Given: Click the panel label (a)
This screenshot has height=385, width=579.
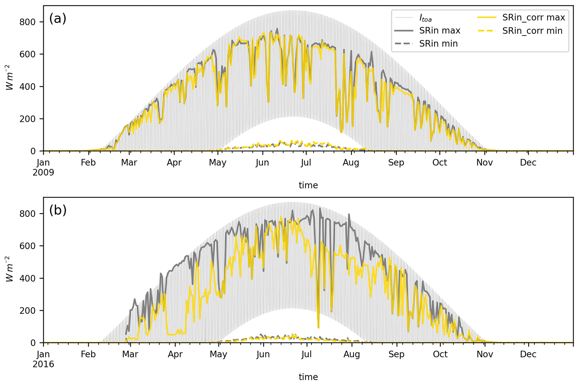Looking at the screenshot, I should pyautogui.click(x=58, y=19).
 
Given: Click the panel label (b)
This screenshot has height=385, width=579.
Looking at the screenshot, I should pyautogui.click(x=58, y=210).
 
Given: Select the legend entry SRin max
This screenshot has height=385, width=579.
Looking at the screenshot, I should pyautogui.click(x=440, y=31).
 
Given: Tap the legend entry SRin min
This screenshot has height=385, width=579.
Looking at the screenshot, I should pyautogui.click(x=438, y=43).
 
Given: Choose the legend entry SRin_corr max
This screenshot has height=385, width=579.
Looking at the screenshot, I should pyautogui.click(x=533, y=17).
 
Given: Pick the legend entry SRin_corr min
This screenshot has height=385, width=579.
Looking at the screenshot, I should pyautogui.click(x=532, y=31).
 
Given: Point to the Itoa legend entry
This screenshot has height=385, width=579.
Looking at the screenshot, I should pyautogui.click(x=425, y=18).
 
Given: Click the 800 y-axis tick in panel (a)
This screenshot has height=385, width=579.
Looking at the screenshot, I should pyautogui.click(x=27, y=22).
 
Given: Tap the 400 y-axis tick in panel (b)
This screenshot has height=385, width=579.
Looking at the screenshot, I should pyautogui.click(x=27, y=278).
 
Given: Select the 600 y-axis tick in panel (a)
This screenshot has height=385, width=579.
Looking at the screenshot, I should pyautogui.click(x=27, y=54).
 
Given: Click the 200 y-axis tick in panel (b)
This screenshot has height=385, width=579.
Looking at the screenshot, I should pyautogui.click(x=27, y=311).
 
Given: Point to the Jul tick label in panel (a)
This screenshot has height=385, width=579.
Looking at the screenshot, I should pyautogui.click(x=306, y=163).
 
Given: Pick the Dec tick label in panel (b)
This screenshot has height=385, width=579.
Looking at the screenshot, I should pyautogui.click(x=528, y=354).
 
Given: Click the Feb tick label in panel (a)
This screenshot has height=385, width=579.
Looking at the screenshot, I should pyautogui.click(x=89, y=163).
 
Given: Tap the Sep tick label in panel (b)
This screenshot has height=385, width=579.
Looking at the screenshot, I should pyautogui.click(x=396, y=354).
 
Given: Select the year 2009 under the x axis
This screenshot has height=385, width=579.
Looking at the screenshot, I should pyautogui.click(x=43, y=172).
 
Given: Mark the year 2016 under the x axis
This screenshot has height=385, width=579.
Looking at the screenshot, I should pyautogui.click(x=43, y=364).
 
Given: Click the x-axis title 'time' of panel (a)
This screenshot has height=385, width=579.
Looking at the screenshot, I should pyautogui.click(x=308, y=185).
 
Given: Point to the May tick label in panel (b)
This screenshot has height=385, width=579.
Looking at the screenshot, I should pyautogui.click(x=218, y=354).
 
